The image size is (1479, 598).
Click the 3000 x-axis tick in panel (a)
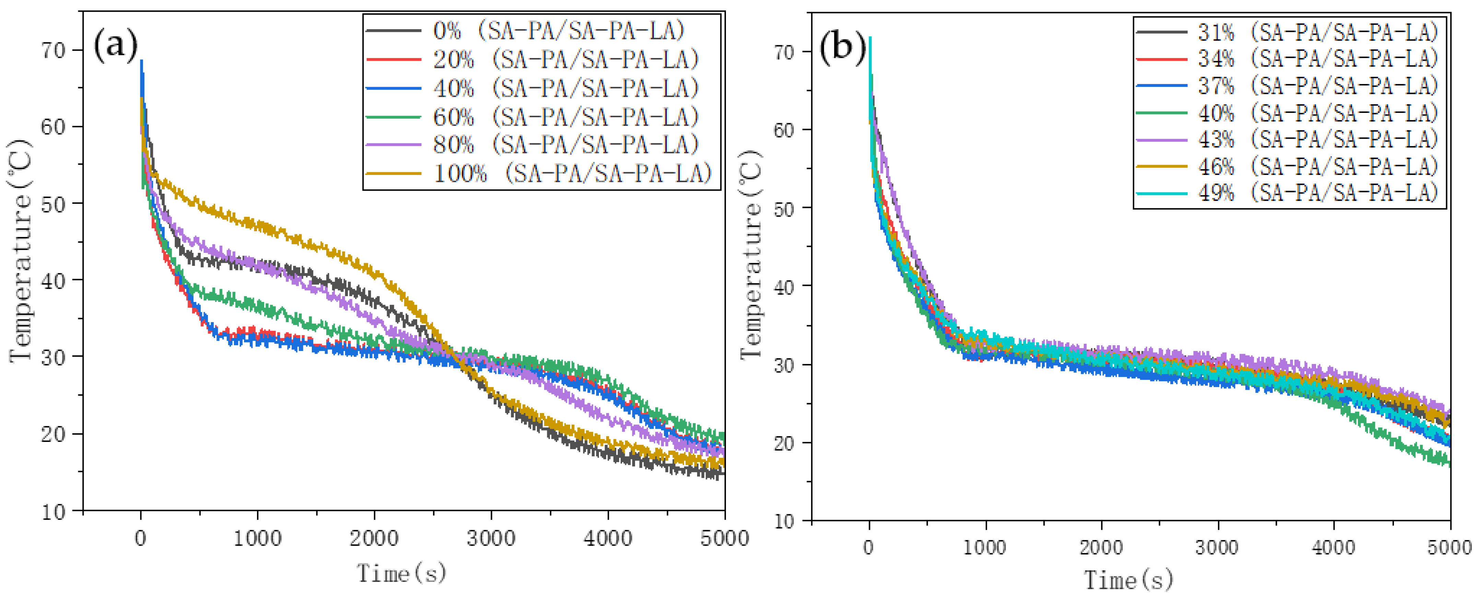click(x=491, y=538)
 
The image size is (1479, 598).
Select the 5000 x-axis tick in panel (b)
click(x=1449, y=547)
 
